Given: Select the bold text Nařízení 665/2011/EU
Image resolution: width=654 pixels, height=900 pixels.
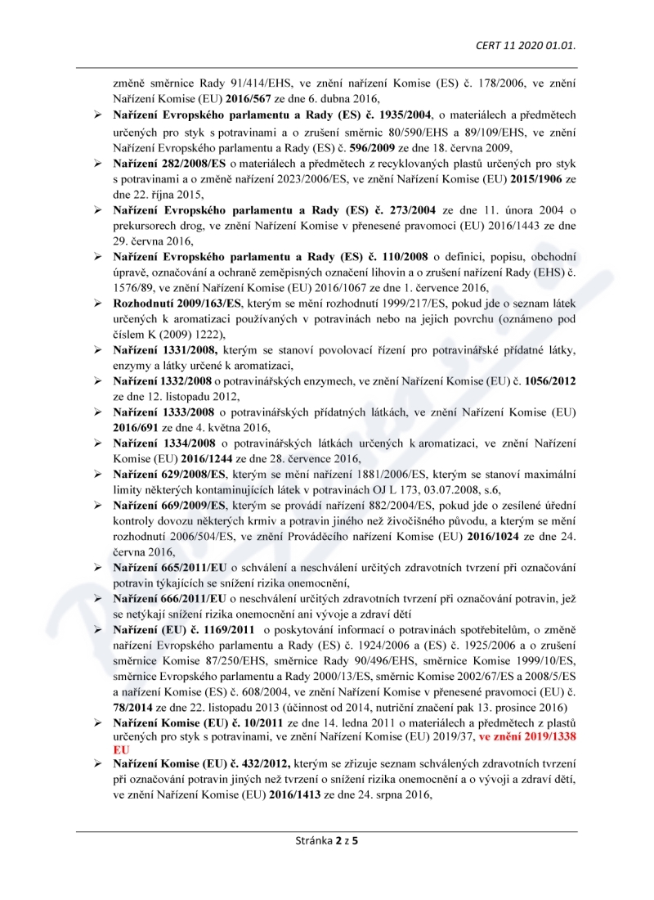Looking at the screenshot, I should tap(170, 567).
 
